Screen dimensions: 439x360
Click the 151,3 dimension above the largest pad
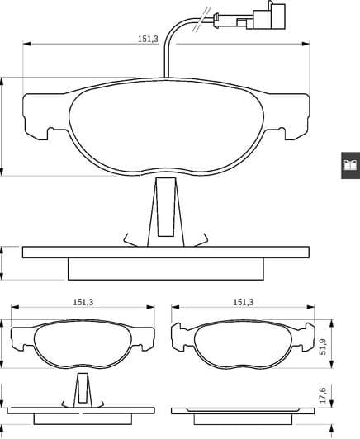coord(149,38)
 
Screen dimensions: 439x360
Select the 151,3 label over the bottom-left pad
coord(82,303)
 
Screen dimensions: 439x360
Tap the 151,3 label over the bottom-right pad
coord(244,303)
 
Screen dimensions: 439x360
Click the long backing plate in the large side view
coord(165,251)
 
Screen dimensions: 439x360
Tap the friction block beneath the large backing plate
coord(165,269)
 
